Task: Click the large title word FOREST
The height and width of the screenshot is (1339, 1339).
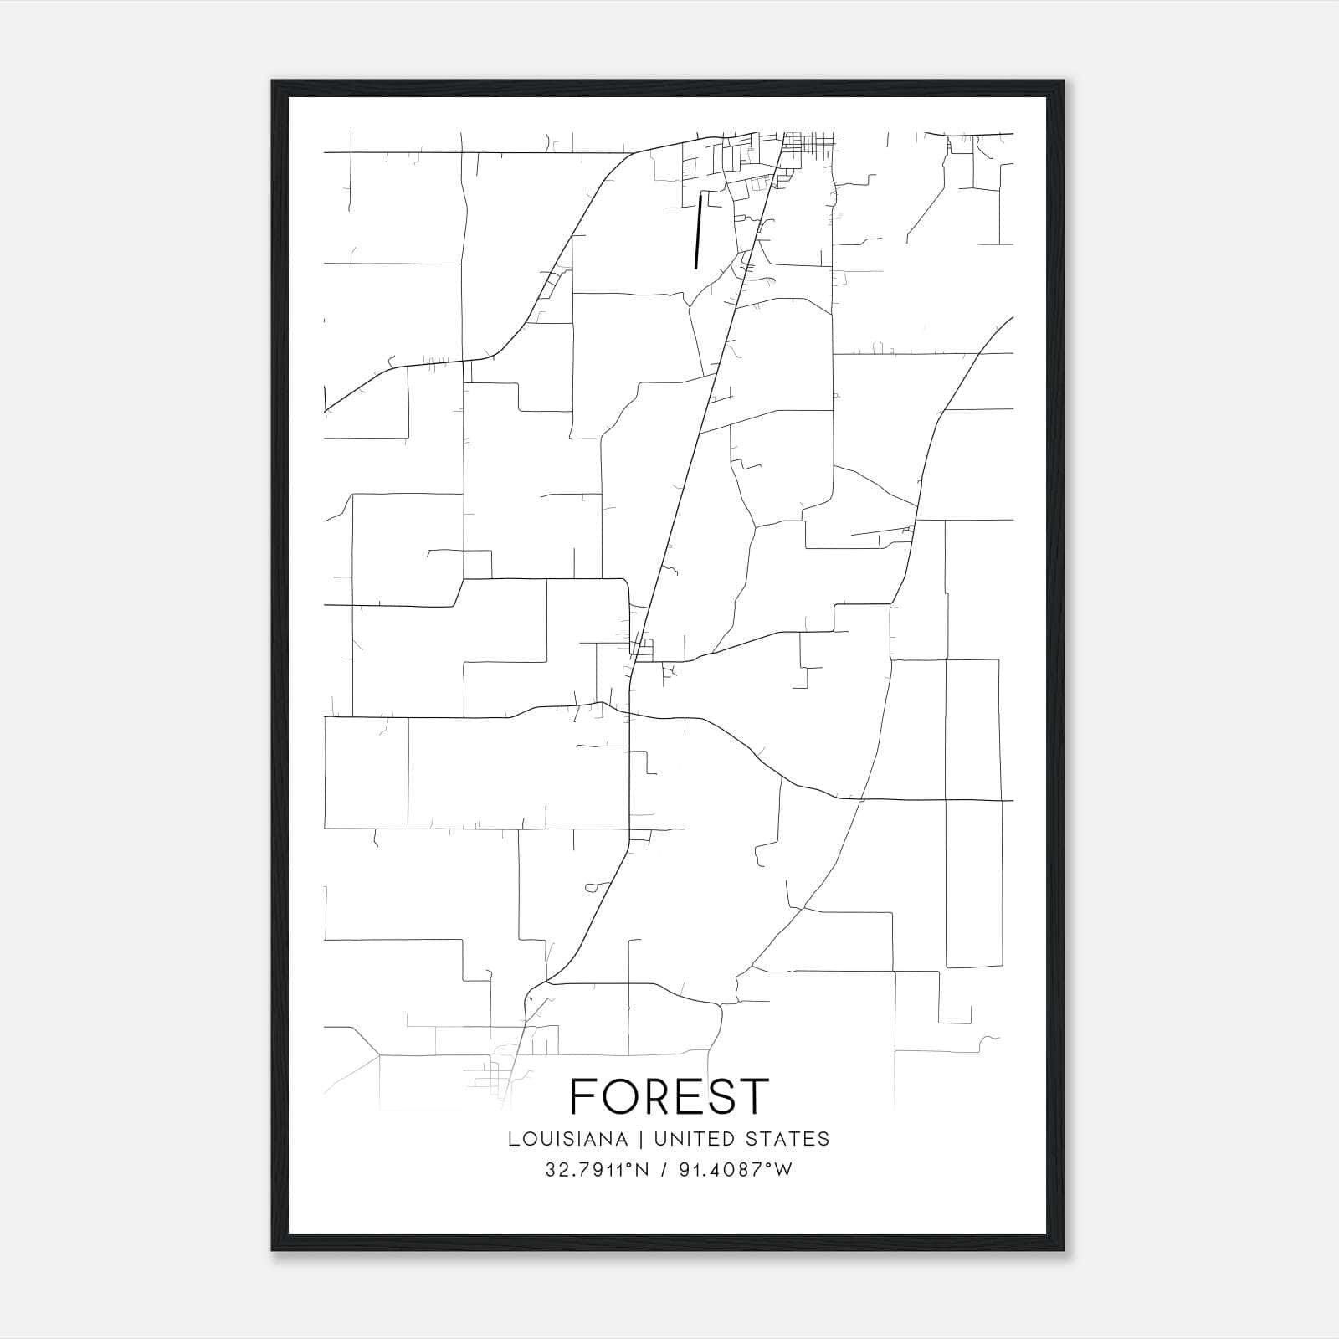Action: pos(669,1096)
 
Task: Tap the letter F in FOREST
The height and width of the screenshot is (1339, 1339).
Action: pos(583,1096)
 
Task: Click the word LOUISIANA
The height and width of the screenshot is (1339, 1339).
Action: pos(567,1139)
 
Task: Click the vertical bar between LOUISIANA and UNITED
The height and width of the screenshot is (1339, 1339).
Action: pos(640,1139)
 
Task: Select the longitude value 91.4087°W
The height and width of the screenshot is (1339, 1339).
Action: pos(736,1170)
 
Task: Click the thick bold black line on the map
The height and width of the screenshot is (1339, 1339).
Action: pos(697,232)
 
